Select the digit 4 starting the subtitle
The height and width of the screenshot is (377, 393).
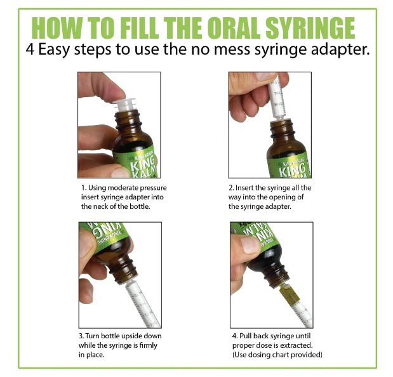point(30,50)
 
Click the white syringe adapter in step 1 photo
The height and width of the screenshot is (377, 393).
point(124,105)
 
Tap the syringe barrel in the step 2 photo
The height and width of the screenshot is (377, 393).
point(277,96)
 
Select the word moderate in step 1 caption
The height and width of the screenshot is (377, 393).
point(123,188)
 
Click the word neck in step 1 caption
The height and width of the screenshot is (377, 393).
point(100,207)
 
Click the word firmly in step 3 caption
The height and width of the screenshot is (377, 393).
point(149,345)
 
